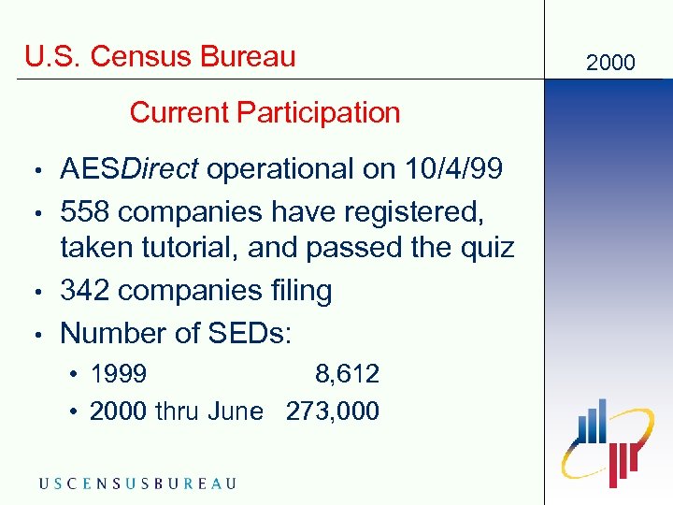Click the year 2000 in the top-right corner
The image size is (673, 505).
pos(609,63)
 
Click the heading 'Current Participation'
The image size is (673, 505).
pos(265,113)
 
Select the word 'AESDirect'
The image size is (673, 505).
pos(129,169)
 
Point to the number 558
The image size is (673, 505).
pos(86,211)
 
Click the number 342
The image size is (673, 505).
pos(86,291)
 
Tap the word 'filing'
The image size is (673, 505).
pos(297,291)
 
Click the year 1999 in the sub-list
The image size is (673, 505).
pos(118,375)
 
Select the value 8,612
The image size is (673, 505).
pos(347,375)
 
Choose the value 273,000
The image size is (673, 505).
pos(333,411)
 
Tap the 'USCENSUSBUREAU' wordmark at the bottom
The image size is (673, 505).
pos(137,483)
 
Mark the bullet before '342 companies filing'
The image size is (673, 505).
pos(36,292)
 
